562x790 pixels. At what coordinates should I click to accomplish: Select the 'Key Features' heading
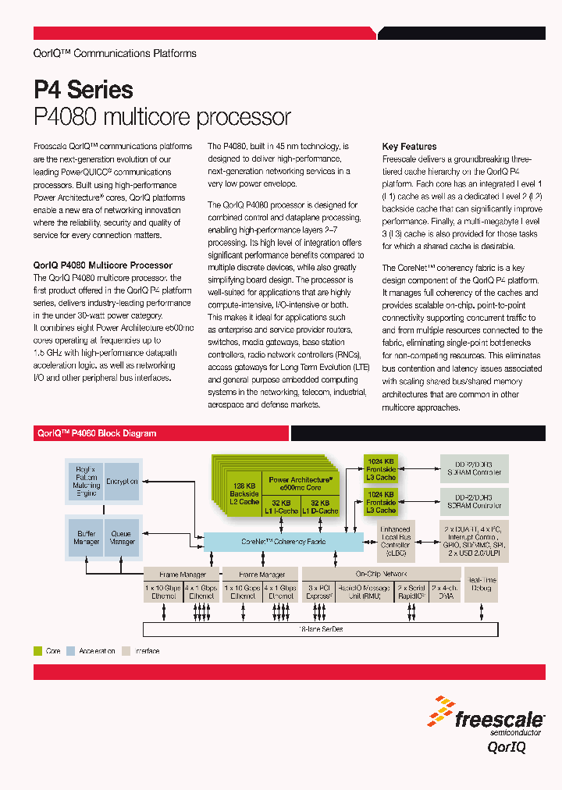point(409,147)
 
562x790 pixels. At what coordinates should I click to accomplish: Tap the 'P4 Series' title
point(84,90)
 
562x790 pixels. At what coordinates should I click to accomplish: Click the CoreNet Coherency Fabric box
point(283,541)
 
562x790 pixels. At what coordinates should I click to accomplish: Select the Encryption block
point(123,482)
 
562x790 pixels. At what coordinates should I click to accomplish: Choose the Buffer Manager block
point(86,537)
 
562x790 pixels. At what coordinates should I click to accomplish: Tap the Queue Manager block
point(123,537)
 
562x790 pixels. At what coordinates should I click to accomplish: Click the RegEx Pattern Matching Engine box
point(86,482)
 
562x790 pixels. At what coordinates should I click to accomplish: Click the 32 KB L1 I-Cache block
point(283,507)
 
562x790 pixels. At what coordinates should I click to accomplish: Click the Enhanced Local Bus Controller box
point(395,541)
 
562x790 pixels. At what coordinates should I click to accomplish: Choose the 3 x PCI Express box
point(320,592)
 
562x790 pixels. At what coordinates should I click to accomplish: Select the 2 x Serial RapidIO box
point(411,592)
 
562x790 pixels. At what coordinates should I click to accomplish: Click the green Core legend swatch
point(37,650)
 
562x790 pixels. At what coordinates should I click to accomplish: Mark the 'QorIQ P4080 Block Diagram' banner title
point(97,433)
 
